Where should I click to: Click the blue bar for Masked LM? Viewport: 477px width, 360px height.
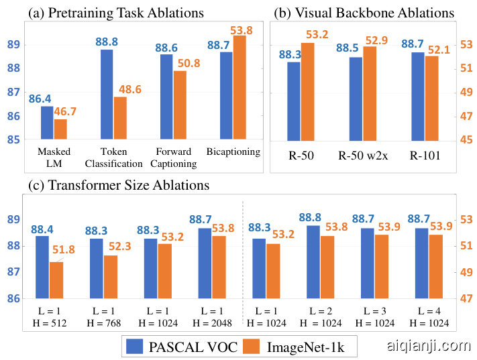point(47,123)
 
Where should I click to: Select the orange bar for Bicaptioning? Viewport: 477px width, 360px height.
point(239,87)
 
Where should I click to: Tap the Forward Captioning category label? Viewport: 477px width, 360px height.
point(172,157)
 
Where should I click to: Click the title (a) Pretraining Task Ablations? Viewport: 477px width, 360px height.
point(105,13)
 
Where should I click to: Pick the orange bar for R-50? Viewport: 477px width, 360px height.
point(307,91)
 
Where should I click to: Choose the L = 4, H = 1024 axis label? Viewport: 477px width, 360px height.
point(429,317)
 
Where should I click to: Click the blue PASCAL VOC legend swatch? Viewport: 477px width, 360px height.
point(136,346)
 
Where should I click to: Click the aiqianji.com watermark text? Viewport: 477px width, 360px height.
point(429,346)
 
